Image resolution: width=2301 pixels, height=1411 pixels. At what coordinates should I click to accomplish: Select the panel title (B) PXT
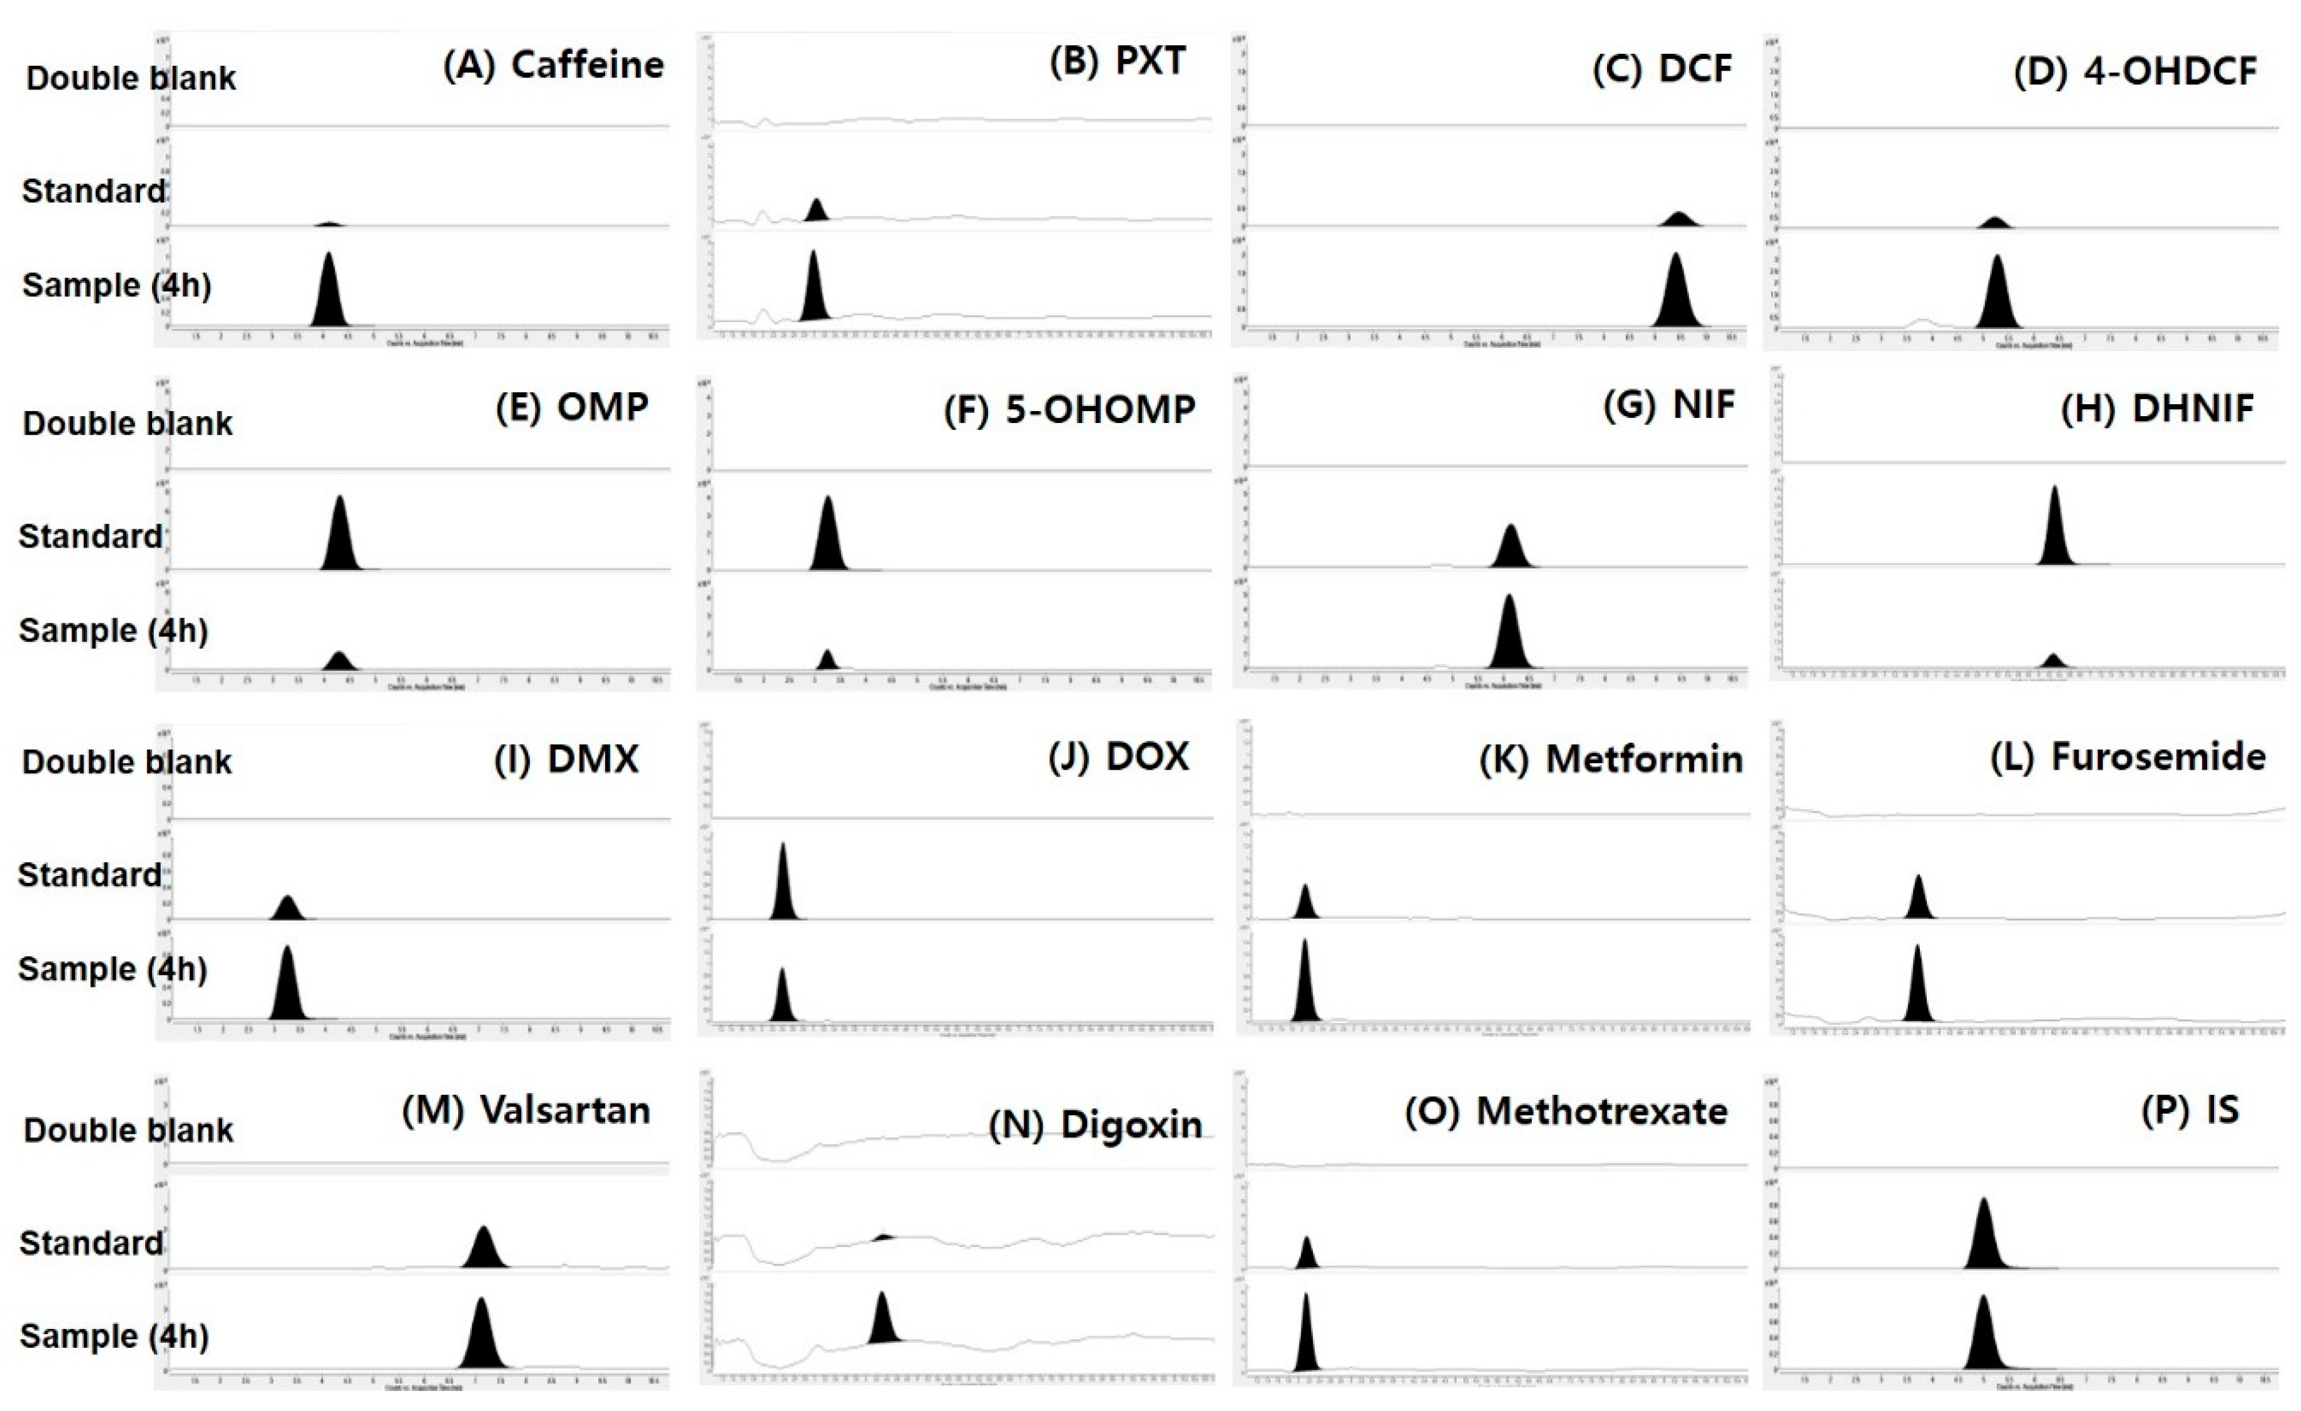click(x=1117, y=61)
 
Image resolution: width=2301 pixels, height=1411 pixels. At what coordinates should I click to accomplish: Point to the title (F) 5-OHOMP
click(x=1069, y=410)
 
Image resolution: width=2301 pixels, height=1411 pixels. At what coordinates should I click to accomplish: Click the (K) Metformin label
click(x=1611, y=759)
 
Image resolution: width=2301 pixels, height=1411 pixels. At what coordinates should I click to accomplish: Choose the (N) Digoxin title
click(x=1095, y=1125)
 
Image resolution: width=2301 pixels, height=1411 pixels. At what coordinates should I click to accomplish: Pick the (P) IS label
click(x=2190, y=1110)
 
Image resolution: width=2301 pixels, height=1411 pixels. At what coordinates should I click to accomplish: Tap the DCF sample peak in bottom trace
click(x=1676, y=294)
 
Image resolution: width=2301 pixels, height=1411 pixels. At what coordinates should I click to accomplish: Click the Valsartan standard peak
click(x=483, y=1250)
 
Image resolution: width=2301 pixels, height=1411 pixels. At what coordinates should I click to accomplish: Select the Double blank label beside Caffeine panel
click(x=131, y=78)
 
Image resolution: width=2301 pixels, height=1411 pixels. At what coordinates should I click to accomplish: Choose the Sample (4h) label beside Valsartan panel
click(x=114, y=1337)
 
